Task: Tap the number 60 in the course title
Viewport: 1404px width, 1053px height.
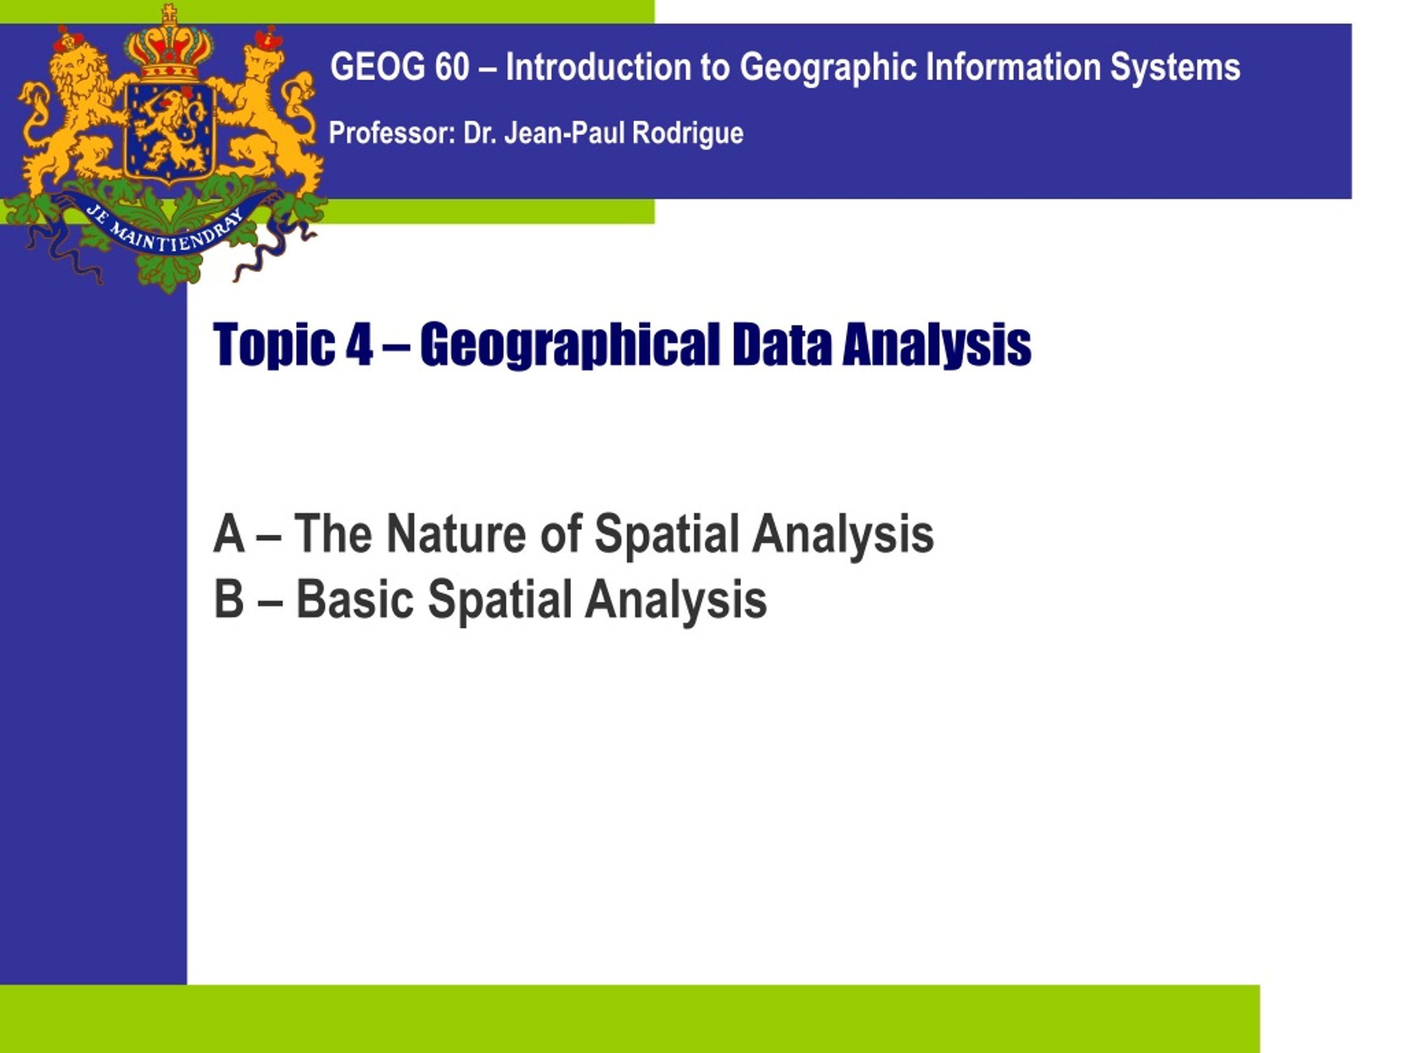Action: pyautogui.click(x=452, y=67)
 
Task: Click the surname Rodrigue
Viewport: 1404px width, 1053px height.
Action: pyautogui.click(x=688, y=134)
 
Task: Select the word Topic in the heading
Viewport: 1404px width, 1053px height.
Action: pyautogui.click(x=274, y=346)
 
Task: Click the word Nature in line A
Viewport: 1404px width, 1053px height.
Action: pyautogui.click(x=456, y=534)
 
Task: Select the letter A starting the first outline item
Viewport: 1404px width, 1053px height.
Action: pyautogui.click(x=229, y=534)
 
